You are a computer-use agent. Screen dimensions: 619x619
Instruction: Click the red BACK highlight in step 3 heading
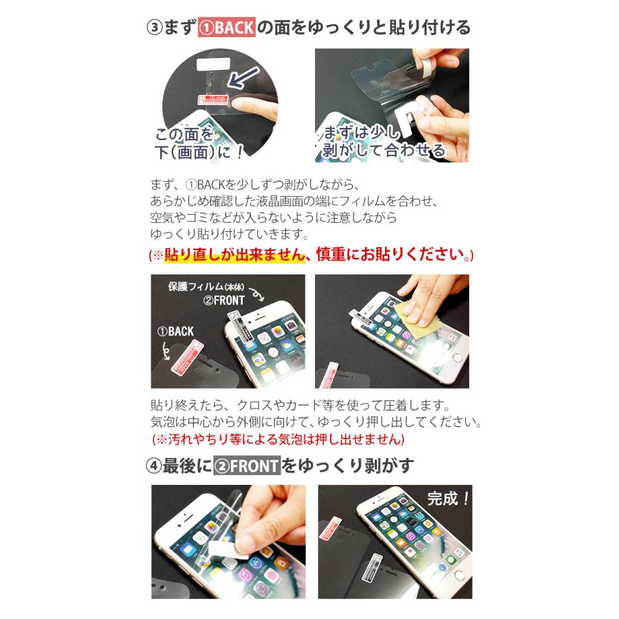coord(227,28)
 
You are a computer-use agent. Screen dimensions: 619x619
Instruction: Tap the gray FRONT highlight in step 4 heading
coord(247,466)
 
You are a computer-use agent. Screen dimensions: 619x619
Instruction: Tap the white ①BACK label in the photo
coord(175,331)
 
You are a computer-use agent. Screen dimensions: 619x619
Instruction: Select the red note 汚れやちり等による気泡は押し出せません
coord(279,438)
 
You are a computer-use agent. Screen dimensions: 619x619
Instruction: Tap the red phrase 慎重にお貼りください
coord(389,254)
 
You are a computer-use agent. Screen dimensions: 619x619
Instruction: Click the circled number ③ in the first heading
coord(154,28)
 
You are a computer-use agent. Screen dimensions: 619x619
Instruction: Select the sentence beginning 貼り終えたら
coord(290,404)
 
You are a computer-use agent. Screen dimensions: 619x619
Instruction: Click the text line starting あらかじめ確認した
coord(294,201)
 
